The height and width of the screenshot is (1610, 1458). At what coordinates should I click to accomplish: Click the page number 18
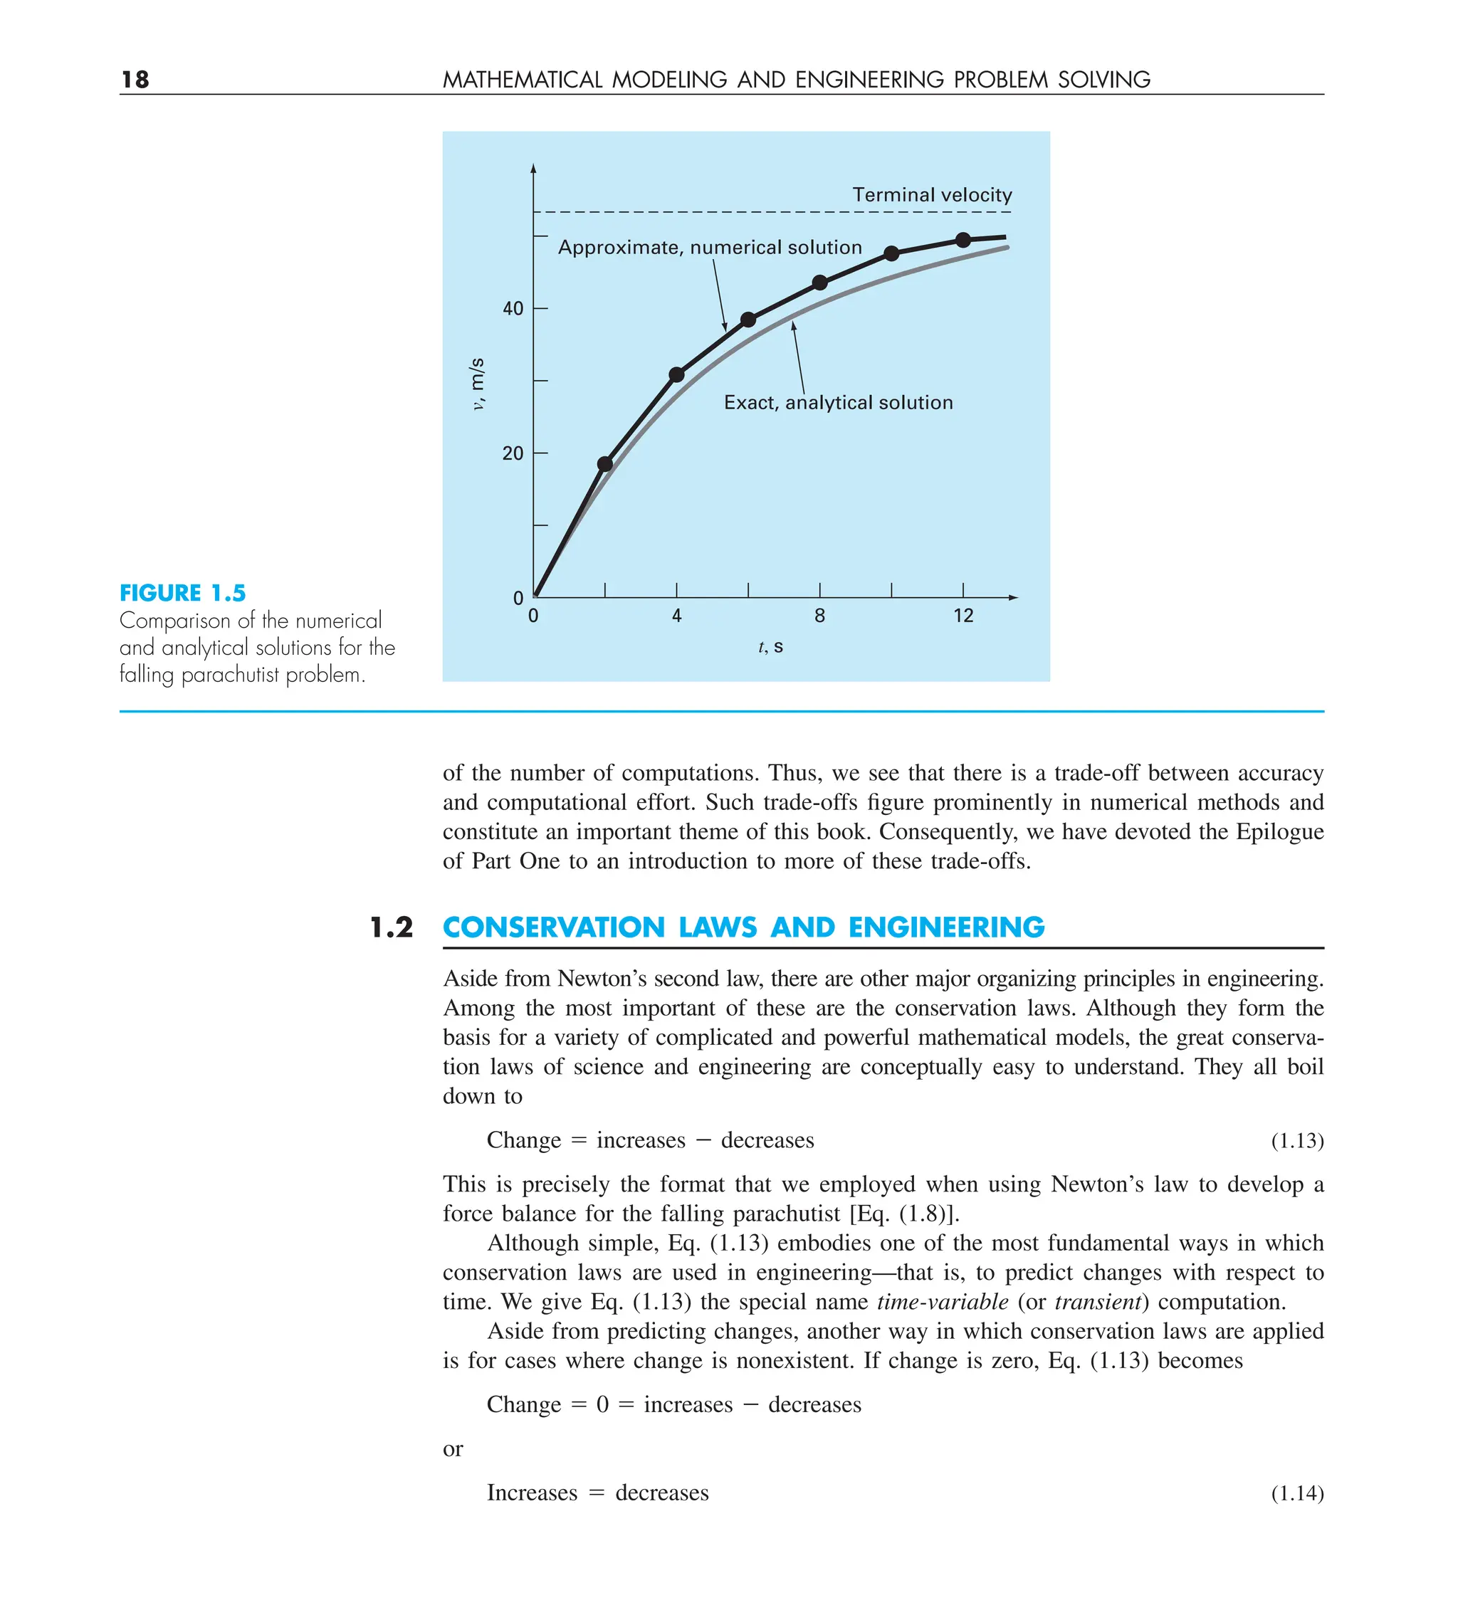(135, 79)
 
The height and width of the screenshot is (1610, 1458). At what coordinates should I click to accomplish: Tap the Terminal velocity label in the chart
(931, 195)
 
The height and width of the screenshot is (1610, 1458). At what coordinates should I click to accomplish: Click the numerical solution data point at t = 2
(604, 464)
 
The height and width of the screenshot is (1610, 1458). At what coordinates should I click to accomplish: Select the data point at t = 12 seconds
(963, 240)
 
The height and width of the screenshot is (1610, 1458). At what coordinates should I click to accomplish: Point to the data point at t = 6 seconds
(748, 320)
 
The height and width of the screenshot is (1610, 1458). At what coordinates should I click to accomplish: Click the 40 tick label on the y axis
(513, 308)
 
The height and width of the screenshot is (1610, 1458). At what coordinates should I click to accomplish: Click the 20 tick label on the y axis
(513, 453)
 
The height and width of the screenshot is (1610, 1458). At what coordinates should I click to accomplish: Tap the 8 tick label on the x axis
(819, 616)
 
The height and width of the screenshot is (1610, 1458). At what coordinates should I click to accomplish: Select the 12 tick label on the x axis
(963, 616)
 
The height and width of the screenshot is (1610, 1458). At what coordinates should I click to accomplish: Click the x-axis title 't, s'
(770, 647)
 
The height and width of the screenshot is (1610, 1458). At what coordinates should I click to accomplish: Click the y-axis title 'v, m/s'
(477, 384)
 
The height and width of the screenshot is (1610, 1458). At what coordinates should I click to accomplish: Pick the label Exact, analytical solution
(838, 403)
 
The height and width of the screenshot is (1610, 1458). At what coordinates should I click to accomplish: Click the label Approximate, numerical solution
(710, 248)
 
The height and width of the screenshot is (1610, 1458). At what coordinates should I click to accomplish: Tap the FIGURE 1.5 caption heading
(182, 593)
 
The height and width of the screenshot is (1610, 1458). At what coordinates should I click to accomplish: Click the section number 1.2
(392, 927)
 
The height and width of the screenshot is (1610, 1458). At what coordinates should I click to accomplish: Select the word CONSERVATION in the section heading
(553, 927)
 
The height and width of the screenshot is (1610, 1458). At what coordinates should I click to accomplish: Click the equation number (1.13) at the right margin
(1296, 1140)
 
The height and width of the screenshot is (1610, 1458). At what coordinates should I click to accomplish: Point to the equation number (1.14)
(1296, 1493)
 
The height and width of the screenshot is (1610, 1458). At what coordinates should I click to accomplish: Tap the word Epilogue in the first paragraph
(1279, 831)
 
